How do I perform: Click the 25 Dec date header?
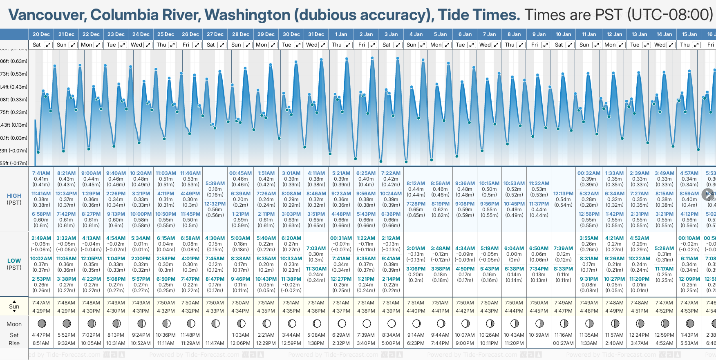coord(166,34)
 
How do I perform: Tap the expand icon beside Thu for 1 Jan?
coord(348,45)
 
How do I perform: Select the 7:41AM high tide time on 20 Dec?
coord(41,173)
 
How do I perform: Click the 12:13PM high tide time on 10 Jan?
coord(563,194)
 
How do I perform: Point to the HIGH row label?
coord(14,196)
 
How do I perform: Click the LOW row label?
coord(14,261)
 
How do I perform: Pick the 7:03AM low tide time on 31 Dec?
coord(316,248)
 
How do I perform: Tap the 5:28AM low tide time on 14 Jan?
coord(664,248)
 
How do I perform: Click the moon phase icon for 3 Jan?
coord(391,324)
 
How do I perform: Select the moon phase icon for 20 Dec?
coord(41,324)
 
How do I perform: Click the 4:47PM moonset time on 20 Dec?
coord(41,335)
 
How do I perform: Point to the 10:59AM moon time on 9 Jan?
coord(539,335)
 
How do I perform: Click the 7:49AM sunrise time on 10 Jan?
coord(563,303)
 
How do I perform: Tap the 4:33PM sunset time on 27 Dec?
coord(215,311)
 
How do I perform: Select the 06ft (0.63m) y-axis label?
coord(14,61)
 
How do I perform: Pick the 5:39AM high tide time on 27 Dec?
coord(215,183)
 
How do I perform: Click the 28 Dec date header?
coord(241,34)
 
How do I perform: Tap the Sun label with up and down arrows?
coord(14,306)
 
